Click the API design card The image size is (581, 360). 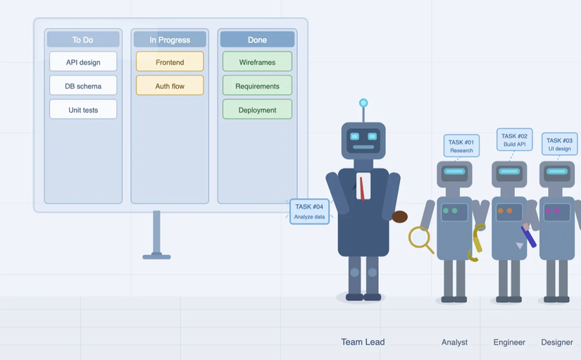[83, 62]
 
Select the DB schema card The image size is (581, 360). [83, 86]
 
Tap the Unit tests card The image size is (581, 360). [83, 110]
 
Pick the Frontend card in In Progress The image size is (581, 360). [170, 62]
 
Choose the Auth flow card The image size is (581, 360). [170, 86]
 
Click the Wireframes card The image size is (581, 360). [257, 62]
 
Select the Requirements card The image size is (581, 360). [257, 86]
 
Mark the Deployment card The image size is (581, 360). [257, 110]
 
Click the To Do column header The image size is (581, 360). [83, 39]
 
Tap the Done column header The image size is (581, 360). [257, 39]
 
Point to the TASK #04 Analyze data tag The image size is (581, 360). [309, 211]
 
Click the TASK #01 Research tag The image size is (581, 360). [461, 146]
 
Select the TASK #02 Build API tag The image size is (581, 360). [514, 139]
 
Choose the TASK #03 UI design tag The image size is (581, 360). [560, 144]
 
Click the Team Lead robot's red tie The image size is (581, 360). [362, 189]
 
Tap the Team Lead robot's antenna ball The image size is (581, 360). [363, 103]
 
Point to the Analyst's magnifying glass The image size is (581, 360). [419, 237]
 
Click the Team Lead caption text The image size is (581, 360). [363, 342]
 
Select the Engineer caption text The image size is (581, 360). [509, 342]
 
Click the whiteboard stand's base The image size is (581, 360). [156, 256]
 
